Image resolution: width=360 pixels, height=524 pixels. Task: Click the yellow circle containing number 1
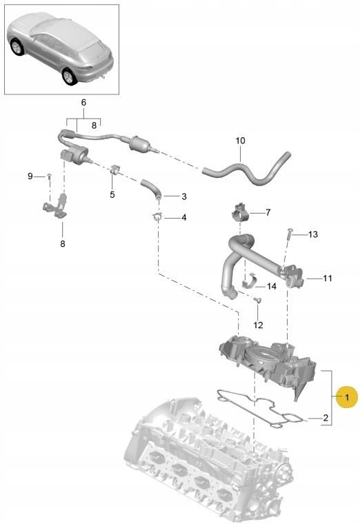click(348, 397)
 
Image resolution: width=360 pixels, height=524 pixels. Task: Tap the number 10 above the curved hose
click(240, 141)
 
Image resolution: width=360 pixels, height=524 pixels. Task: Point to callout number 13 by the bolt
click(312, 235)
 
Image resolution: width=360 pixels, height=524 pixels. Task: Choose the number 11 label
click(328, 279)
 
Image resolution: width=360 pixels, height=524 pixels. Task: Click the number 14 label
click(271, 285)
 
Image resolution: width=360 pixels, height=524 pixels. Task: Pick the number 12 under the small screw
click(258, 325)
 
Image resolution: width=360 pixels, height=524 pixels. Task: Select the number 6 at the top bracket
click(83, 102)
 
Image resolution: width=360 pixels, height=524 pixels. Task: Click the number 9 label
click(30, 177)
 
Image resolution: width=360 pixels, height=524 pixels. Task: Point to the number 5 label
click(112, 194)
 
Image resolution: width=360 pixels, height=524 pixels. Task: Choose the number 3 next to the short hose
click(183, 196)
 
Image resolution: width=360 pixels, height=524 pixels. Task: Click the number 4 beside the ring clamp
click(183, 218)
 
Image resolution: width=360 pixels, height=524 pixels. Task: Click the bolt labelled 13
click(288, 236)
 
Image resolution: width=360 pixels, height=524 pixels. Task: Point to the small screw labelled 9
click(49, 177)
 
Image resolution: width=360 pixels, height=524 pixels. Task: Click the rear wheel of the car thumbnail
click(69, 77)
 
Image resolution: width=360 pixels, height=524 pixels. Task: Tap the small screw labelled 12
click(256, 301)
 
